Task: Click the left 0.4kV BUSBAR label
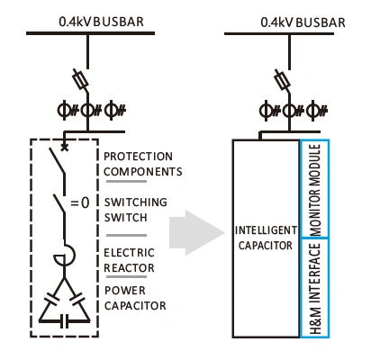pos(101,22)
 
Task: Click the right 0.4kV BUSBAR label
pos(303,22)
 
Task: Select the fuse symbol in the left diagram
pos(80,79)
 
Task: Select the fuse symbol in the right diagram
pos(282,79)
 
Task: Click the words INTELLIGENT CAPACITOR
pos(266,238)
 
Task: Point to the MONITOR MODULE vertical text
pos(315,190)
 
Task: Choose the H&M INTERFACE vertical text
pos(315,289)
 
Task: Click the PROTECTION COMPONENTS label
pos(143,164)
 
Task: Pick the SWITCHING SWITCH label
pos(135,210)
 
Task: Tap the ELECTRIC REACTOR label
pos(129,260)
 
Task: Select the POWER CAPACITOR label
pos(135,298)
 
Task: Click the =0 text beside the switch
pos(80,203)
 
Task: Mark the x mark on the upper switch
pos(64,147)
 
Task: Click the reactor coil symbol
pos(67,256)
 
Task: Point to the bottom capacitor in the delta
pos(64,321)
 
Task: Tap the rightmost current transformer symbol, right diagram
pos(317,111)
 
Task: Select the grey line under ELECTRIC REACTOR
pos(126,276)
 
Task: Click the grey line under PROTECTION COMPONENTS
pos(126,181)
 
